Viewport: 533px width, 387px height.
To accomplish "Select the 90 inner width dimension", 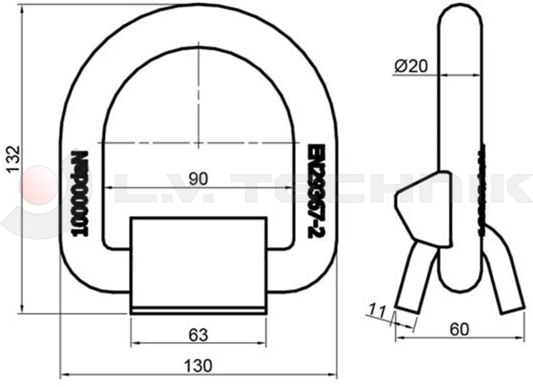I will pyautogui.click(x=199, y=178).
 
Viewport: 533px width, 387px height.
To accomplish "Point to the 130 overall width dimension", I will pyautogui.click(x=199, y=365).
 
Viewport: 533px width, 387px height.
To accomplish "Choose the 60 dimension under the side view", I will pyautogui.click(x=457, y=329).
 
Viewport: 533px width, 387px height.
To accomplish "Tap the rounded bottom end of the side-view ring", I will pyautogui.click(x=460, y=284).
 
